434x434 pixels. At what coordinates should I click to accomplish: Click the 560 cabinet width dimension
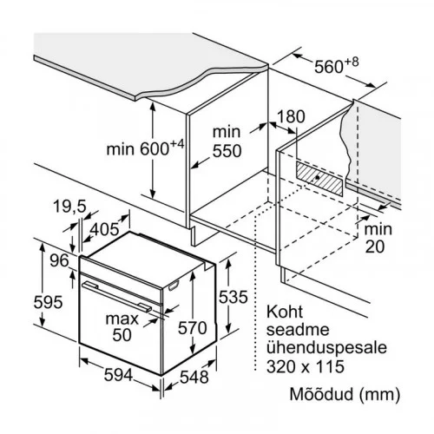coord(336,66)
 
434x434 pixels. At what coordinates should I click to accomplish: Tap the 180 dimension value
coord(291,116)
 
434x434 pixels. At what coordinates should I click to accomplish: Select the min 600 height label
coord(145,148)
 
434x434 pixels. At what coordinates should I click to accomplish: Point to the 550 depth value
coord(227,151)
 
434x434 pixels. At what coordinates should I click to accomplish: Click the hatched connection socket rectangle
coord(319,177)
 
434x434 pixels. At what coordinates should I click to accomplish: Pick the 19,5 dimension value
coord(69,207)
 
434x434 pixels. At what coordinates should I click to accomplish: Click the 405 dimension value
coord(104,229)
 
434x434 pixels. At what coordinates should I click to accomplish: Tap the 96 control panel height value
coord(60,260)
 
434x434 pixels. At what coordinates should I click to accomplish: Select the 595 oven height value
coord(48,302)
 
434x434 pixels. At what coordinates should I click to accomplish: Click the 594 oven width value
coord(118,375)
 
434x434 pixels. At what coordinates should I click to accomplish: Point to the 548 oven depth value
coord(194,377)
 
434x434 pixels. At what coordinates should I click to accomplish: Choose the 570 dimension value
coord(192,328)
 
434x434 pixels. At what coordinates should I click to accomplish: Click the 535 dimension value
coord(233,297)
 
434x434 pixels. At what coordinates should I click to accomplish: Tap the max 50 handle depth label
coord(122,326)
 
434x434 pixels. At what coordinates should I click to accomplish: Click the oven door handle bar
coord(116,297)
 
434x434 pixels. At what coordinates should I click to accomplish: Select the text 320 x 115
coord(306,366)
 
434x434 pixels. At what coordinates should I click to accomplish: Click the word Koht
coord(285,312)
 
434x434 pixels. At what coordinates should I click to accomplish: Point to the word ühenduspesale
coord(326,348)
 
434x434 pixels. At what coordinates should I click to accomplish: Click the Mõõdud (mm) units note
coord(345,394)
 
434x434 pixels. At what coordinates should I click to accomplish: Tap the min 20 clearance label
coord(378,238)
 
